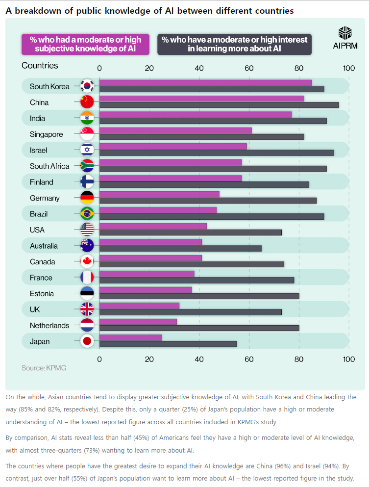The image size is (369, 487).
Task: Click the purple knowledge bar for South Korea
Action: (205, 82)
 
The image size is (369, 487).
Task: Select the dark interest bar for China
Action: (219, 105)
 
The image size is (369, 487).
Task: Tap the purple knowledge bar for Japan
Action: (131, 337)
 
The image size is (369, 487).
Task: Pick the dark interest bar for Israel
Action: (217, 153)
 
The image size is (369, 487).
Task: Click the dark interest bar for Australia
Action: (180, 248)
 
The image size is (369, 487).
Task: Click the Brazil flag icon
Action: (87, 214)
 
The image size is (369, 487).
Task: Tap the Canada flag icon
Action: (87, 261)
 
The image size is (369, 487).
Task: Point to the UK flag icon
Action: (87, 309)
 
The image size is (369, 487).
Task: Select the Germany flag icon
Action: (87, 198)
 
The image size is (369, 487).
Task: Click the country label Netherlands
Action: (49, 326)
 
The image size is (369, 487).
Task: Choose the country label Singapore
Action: (46, 134)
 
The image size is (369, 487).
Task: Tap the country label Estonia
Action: (42, 294)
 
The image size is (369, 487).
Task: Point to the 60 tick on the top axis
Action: (249, 68)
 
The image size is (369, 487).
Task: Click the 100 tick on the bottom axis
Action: (348, 359)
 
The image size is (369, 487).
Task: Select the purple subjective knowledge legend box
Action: (85, 44)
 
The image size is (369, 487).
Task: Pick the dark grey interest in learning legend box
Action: (234, 44)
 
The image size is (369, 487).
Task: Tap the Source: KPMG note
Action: (44, 368)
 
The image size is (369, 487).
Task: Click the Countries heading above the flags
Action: (40, 66)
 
